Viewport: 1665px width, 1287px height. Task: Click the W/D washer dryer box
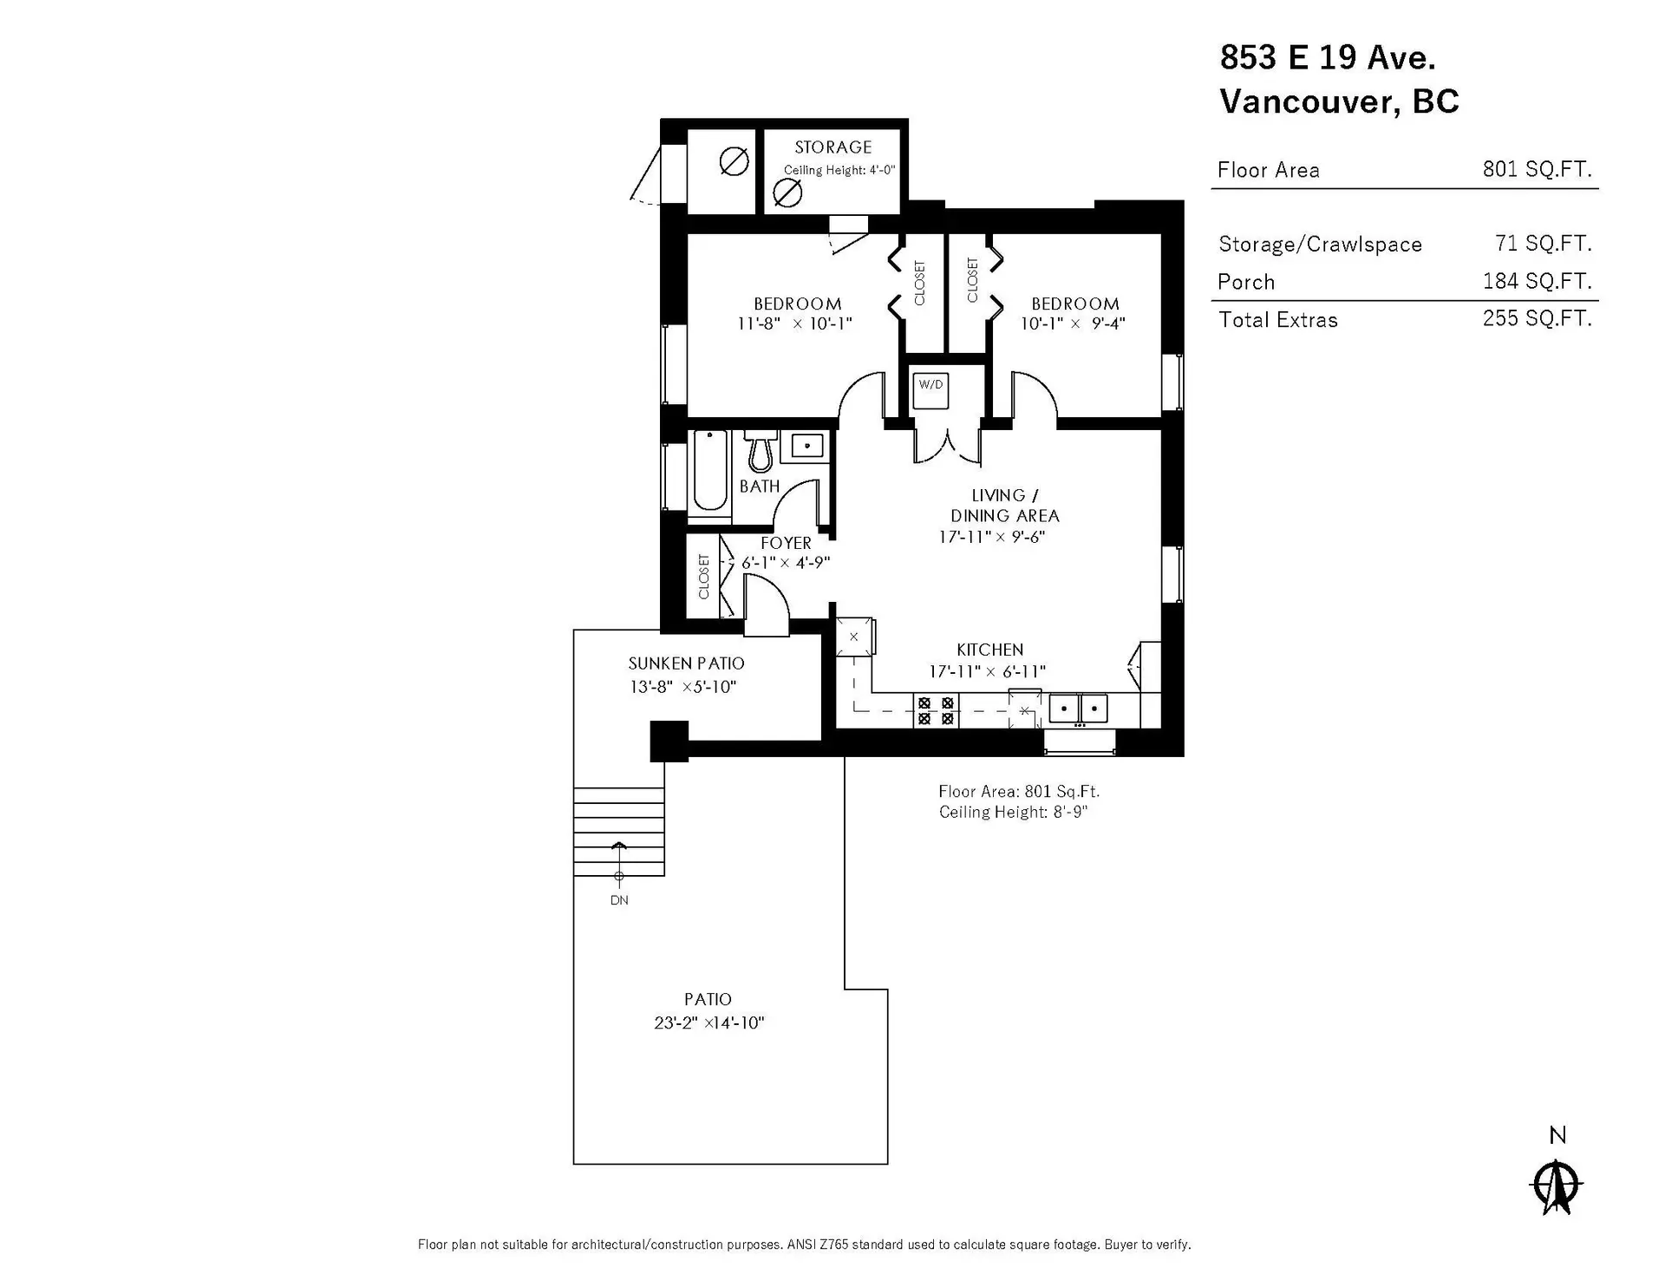[930, 390]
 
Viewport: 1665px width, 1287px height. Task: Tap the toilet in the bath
[761, 451]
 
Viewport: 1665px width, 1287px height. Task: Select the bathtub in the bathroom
[710, 474]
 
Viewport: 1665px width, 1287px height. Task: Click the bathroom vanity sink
[807, 447]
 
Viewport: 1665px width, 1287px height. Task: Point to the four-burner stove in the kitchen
[936, 711]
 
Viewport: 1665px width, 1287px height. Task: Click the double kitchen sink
[1079, 709]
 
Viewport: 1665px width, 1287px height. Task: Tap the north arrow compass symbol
[1557, 1183]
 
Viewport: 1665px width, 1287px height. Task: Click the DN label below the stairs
[619, 900]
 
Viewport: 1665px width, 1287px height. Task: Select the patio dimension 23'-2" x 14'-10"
[708, 1023]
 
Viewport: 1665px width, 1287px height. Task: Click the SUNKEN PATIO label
[686, 663]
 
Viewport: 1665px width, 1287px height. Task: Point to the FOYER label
[786, 543]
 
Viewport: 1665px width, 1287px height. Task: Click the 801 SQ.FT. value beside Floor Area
[1537, 169]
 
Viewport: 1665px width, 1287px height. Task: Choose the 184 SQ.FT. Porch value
[1537, 281]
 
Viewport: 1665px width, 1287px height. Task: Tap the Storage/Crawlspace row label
[1320, 245]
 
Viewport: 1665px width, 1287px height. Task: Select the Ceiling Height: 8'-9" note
[1013, 813]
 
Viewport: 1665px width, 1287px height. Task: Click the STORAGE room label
[832, 147]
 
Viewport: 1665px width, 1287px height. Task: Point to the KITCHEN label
[989, 650]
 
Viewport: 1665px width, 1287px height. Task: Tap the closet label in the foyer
[703, 577]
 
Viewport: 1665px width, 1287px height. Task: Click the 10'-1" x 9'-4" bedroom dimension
[1073, 323]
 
